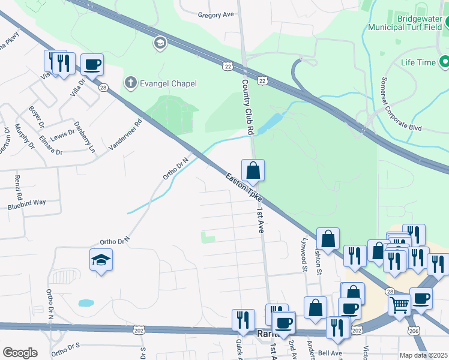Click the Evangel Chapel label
tap(168, 83)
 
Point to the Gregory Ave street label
tap(215, 14)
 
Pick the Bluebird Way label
tap(26, 203)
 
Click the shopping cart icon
tap(399, 305)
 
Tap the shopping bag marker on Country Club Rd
tap(253, 170)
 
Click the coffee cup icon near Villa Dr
tap(92, 64)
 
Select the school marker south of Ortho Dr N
tap(101, 259)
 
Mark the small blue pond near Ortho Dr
tap(86, 303)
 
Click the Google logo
tap(20, 353)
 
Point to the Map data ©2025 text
tap(423, 355)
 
